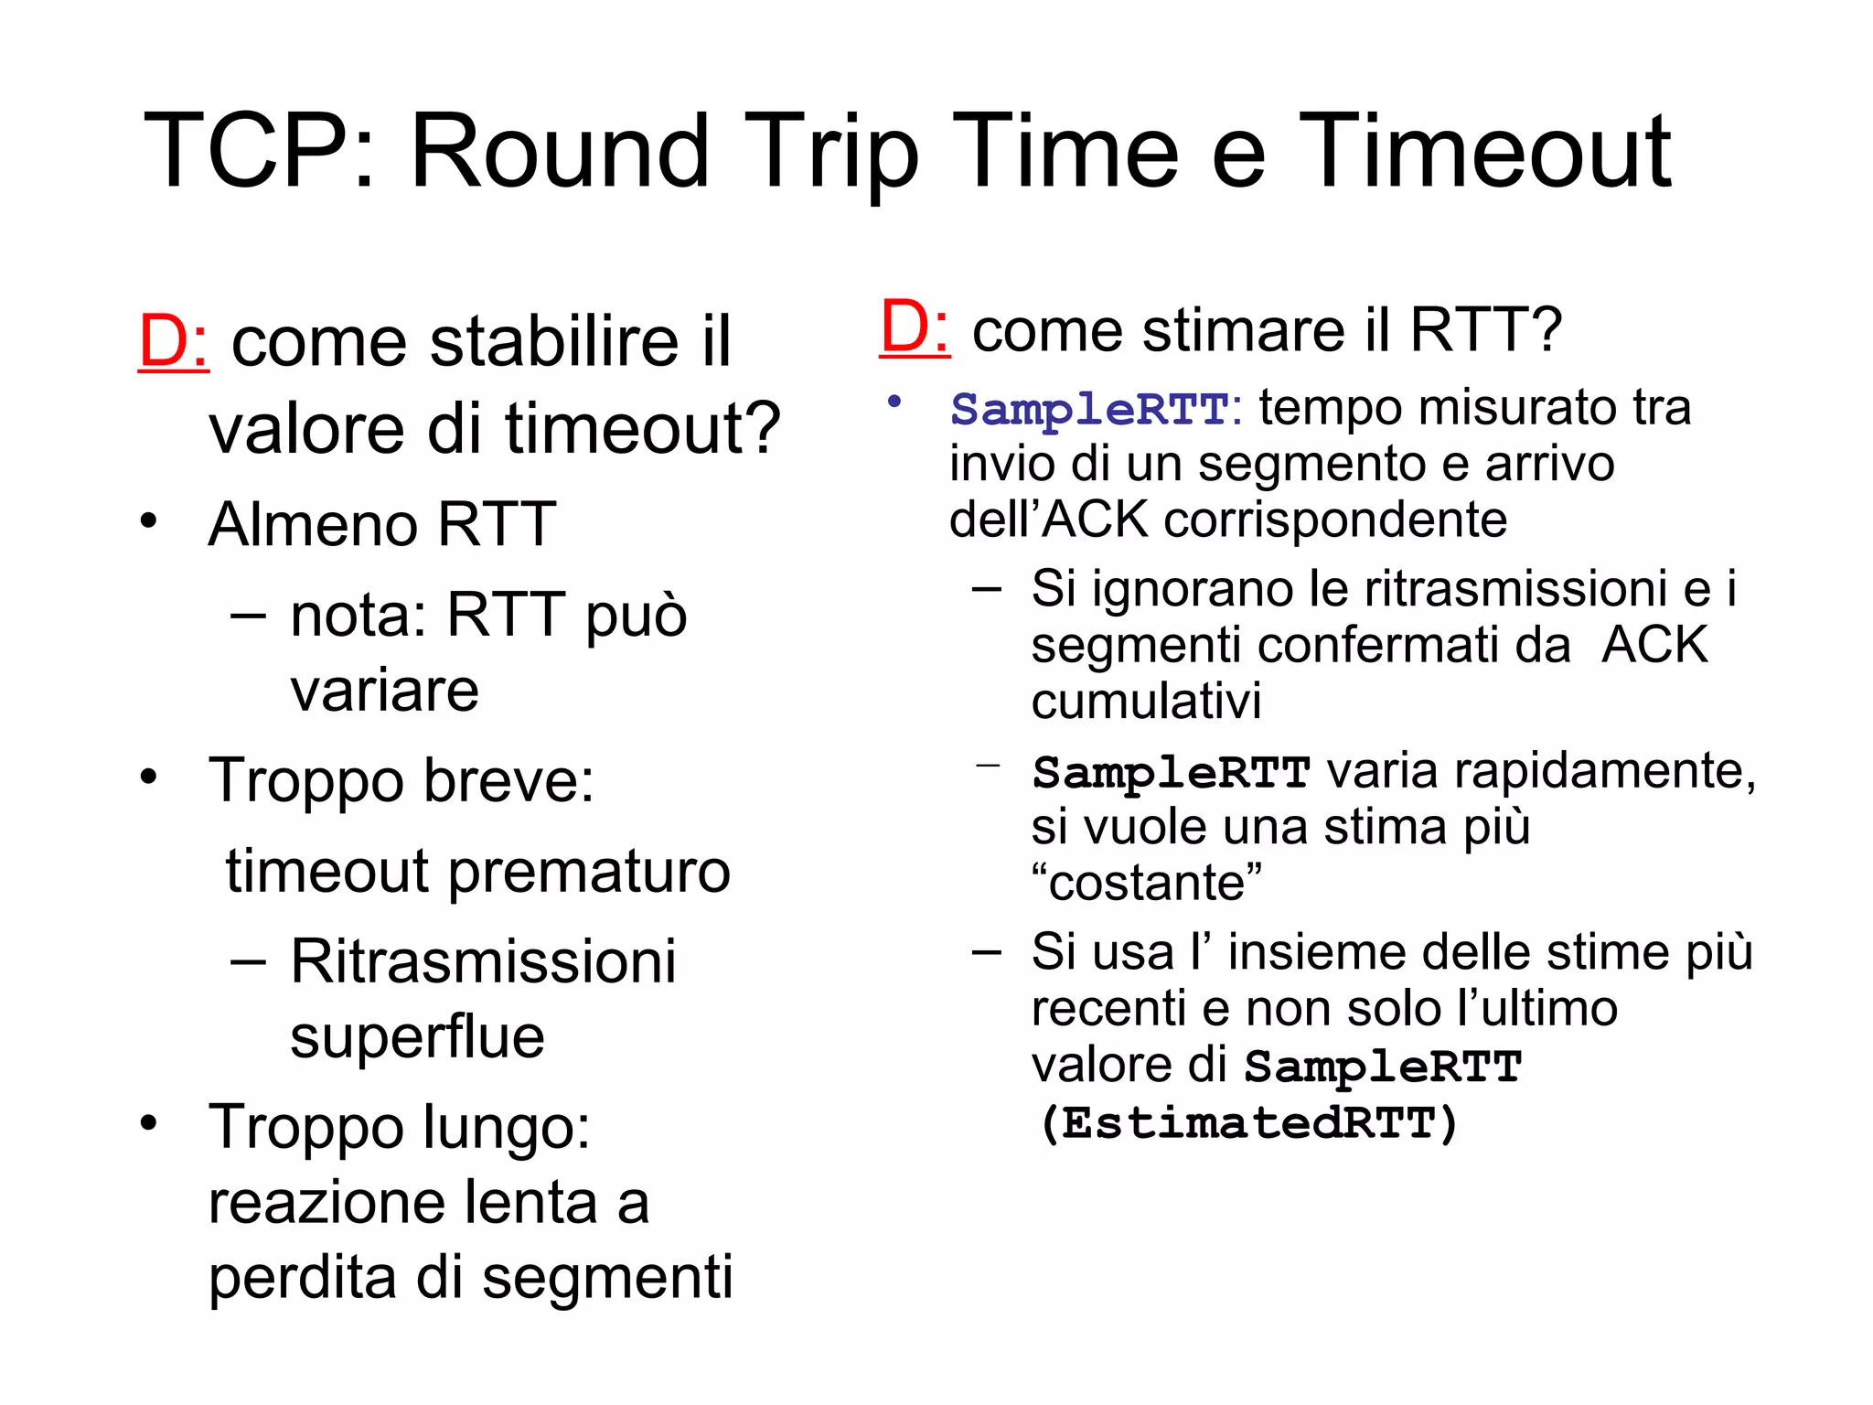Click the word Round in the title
coord(560,151)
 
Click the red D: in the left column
coord(173,342)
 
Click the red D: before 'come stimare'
coord(914,327)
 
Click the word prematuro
coord(589,871)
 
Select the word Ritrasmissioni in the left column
coord(483,962)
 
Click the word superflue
coord(417,1037)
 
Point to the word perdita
coord(303,1277)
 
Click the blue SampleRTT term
coord(1088,409)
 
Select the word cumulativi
coord(1146,702)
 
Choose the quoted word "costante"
coord(1146,884)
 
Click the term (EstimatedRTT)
coord(1247,1123)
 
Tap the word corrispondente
coord(1334,520)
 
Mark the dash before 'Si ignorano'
coord(987,589)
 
